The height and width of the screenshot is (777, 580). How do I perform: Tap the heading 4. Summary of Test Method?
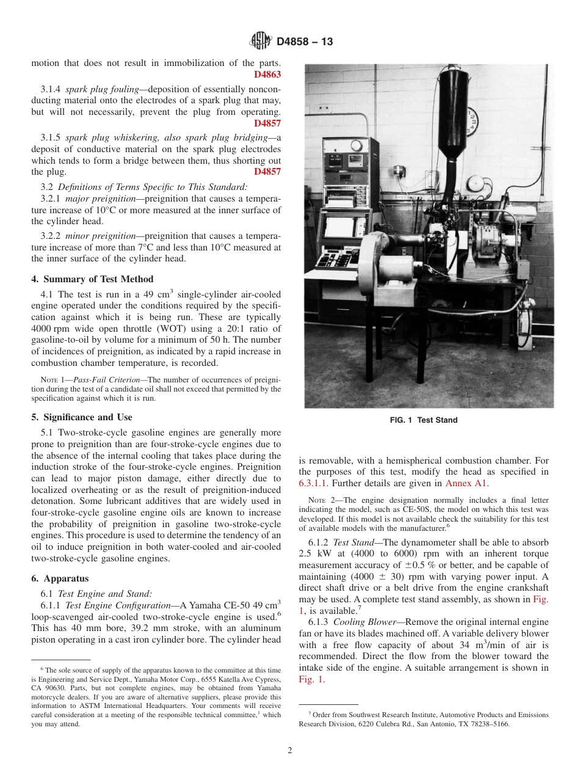point(92,279)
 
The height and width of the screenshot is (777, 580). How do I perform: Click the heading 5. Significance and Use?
point(81,417)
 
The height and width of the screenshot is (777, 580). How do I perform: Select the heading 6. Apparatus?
point(60,578)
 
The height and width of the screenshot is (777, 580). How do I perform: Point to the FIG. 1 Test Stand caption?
point(424,420)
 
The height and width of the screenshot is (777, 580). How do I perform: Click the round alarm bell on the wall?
point(476,183)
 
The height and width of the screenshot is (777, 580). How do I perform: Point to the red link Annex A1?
point(466,483)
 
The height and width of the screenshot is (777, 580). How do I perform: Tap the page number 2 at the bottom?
point(290,751)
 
